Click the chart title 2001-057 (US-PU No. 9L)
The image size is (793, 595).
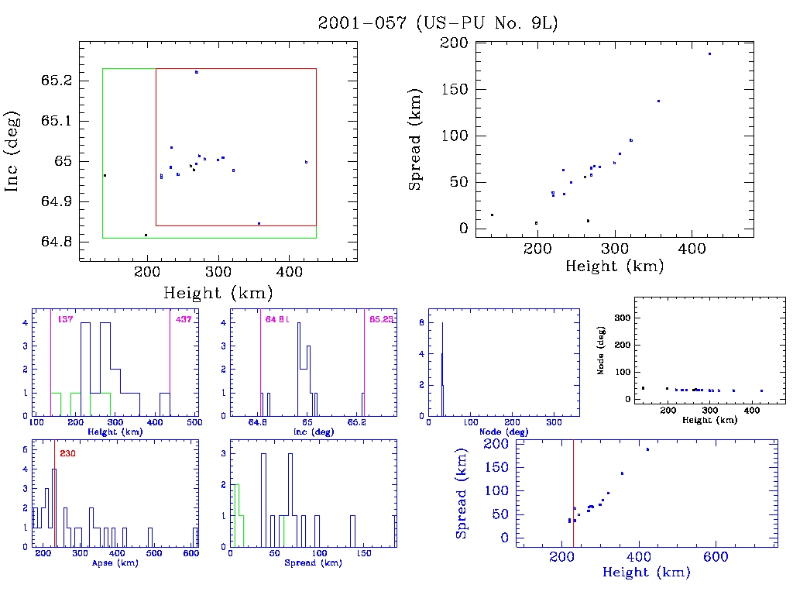pos(438,23)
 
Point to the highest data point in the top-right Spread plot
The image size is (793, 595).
pos(709,53)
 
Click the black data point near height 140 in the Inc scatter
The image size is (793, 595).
pos(105,176)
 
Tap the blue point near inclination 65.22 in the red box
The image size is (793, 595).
pos(197,72)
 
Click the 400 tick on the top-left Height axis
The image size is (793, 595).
pos(290,271)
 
